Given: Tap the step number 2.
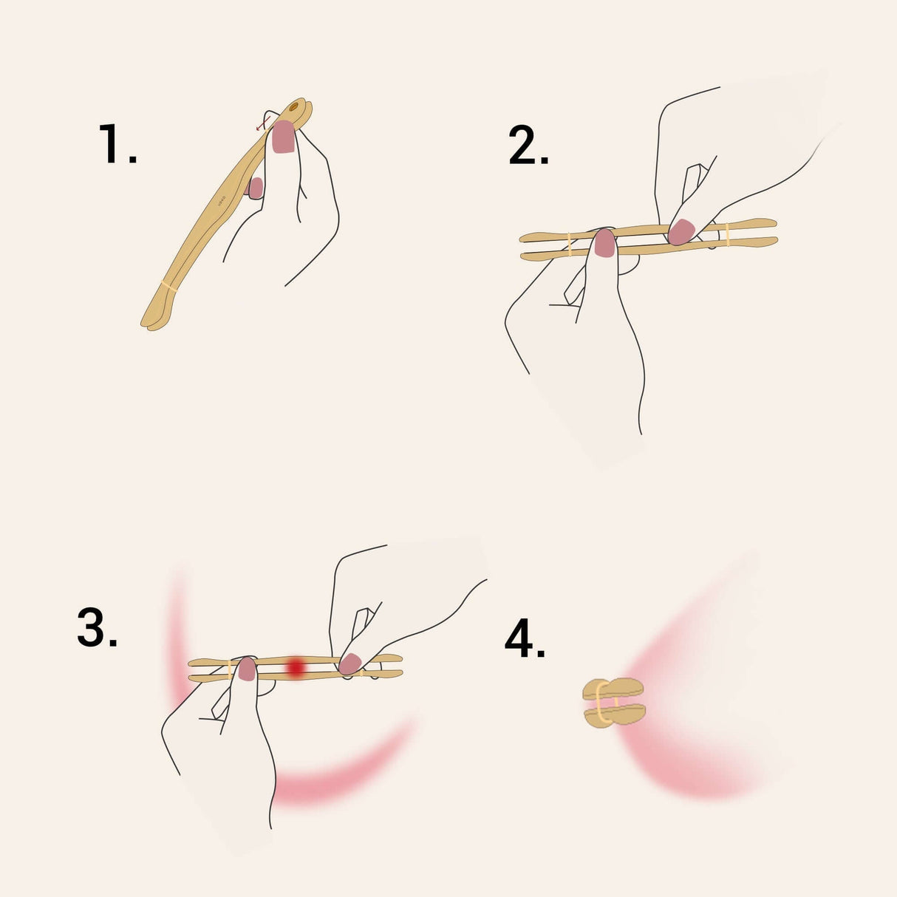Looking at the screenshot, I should pos(528,146).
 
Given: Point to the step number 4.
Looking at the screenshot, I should pos(525,639).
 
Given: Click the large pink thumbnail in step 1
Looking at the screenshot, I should pos(284,137).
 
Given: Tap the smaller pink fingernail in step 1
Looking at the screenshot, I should pos(256,188).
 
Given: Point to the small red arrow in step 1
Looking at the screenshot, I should pos(262,123).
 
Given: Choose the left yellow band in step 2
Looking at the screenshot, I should pos(569,245).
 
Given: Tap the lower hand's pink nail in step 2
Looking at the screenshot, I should pos(605,243).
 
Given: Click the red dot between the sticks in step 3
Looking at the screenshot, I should pos(296,667).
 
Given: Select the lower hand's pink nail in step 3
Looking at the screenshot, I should pos(247,669).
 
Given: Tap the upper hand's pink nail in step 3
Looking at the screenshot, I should pos(349,664).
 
